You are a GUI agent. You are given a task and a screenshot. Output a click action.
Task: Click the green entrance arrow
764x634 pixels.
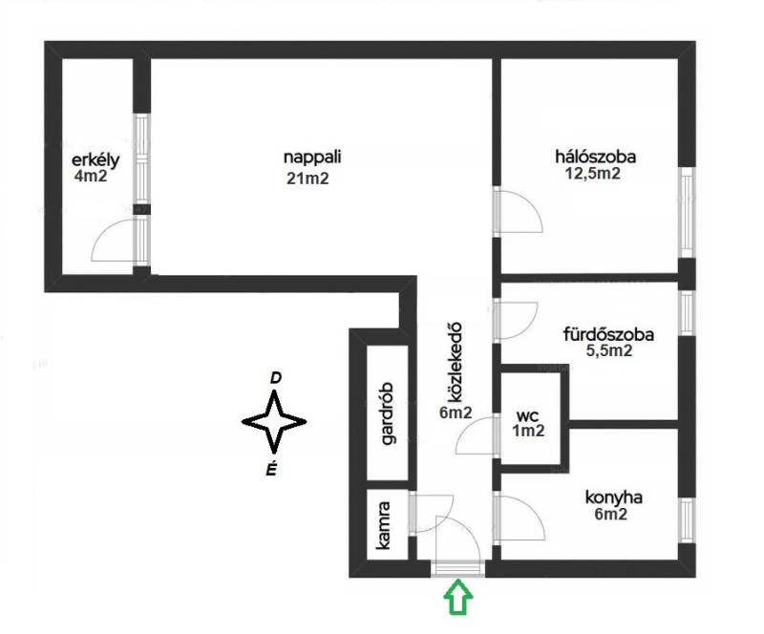click(458, 597)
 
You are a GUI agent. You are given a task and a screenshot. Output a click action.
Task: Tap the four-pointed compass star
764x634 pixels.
click(274, 422)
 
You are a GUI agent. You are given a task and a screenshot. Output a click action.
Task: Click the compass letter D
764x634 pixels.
click(276, 378)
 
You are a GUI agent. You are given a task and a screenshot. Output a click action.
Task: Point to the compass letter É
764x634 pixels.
click(272, 469)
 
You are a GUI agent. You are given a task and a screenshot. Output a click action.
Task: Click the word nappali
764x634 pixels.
click(312, 158)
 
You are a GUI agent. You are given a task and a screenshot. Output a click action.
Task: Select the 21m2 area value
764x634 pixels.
click(308, 179)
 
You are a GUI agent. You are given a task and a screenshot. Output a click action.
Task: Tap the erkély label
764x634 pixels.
click(95, 160)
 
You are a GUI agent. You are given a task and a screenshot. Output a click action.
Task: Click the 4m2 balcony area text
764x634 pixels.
click(90, 176)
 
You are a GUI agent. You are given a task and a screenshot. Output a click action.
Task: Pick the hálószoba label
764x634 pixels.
click(595, 157)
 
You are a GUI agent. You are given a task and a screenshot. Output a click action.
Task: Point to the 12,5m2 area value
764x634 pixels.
click(592, 174)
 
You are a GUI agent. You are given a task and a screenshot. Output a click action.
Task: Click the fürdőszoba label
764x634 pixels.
click(608, 335)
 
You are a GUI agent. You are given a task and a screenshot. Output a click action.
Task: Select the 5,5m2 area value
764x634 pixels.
click(609, 350)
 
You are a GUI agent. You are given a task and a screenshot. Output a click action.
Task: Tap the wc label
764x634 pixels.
click(527, 416)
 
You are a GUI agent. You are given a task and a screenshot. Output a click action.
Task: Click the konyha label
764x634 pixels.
click(613, 498)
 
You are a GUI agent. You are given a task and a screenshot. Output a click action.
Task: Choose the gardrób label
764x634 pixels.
click(389, 413)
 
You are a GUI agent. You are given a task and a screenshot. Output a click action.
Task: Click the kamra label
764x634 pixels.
click(385, 525)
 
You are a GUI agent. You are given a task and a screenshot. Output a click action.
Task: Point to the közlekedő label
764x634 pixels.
click(455, 363)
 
